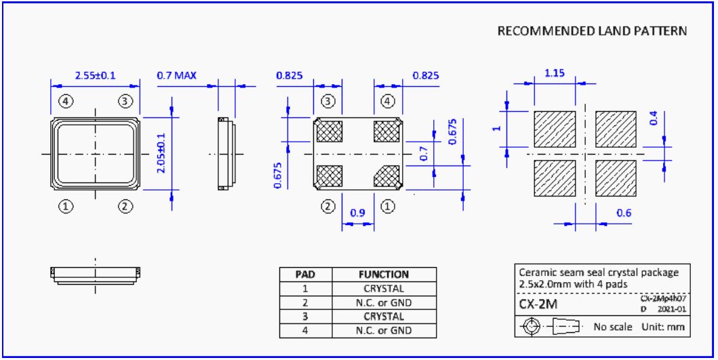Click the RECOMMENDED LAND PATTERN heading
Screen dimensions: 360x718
(x=592, y=31)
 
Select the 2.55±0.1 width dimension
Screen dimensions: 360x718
(x=96, y=75)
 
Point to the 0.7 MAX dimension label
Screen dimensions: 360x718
(x=176, y=75)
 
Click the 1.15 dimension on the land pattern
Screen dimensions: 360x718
(x=555, y=73)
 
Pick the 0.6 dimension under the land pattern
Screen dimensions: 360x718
(x=624, y=213)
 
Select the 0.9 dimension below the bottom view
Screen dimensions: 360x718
(x=358, y=213)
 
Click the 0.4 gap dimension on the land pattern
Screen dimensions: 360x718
(x=654, y=118)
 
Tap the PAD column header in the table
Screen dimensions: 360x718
(x=305, y=275)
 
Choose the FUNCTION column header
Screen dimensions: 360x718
(x=383, y=275)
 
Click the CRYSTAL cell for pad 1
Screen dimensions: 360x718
(x=383, y=289)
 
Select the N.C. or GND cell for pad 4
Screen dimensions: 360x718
(x=383, y=331)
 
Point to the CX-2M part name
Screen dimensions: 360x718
(x=538, y=304)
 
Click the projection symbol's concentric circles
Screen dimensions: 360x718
(x=532, y=327)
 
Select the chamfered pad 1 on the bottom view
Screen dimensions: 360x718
(x=388, y=176)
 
